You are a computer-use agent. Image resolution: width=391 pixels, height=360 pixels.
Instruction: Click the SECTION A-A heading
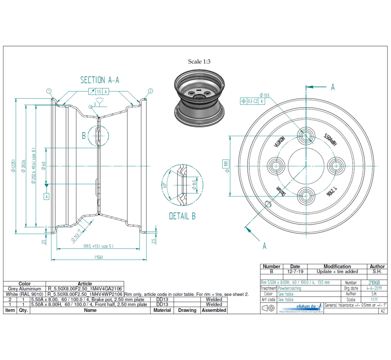point(100,80)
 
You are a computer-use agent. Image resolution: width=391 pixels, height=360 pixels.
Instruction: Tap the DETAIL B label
point(182,216)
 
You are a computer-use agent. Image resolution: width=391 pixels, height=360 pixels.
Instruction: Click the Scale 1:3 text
point(199,61)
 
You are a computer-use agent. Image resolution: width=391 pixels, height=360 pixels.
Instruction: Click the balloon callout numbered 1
point(49,91)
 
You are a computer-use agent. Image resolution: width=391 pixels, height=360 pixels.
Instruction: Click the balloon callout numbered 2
point(150,91)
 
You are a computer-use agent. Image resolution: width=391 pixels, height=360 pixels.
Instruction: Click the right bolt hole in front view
point(337,166)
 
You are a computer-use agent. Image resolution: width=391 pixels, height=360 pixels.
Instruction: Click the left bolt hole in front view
point(276,166)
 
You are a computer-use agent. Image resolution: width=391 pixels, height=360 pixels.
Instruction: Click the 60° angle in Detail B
point(164,185)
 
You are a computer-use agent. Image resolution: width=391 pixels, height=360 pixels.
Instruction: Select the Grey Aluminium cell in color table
point(25,289)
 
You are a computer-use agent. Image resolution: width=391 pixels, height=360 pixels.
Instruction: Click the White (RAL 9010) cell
point(25,294)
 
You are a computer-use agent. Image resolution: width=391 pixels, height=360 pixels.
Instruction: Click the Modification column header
point(337,266)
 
